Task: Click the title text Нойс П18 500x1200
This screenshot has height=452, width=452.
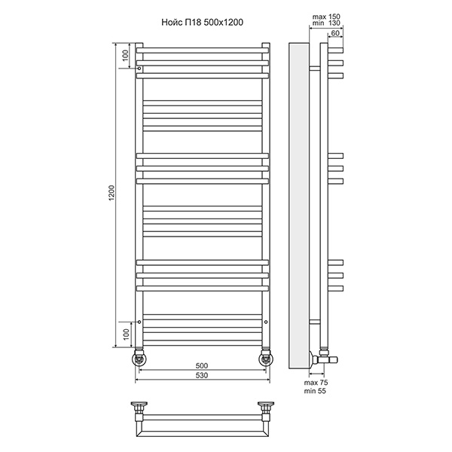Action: (202, 22)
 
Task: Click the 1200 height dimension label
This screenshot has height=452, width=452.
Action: (111, 193)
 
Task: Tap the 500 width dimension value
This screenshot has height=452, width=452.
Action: (202, 366)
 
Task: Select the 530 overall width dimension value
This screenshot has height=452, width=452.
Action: (202, 375)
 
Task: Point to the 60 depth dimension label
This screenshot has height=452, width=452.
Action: (335, 33)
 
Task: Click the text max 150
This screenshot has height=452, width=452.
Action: (326, 17)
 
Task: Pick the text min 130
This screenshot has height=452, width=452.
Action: (326, 23)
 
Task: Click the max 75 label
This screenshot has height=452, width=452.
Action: (316, 383)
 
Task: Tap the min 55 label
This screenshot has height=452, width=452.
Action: (315, 391)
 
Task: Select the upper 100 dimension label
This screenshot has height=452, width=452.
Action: (125, 55)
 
